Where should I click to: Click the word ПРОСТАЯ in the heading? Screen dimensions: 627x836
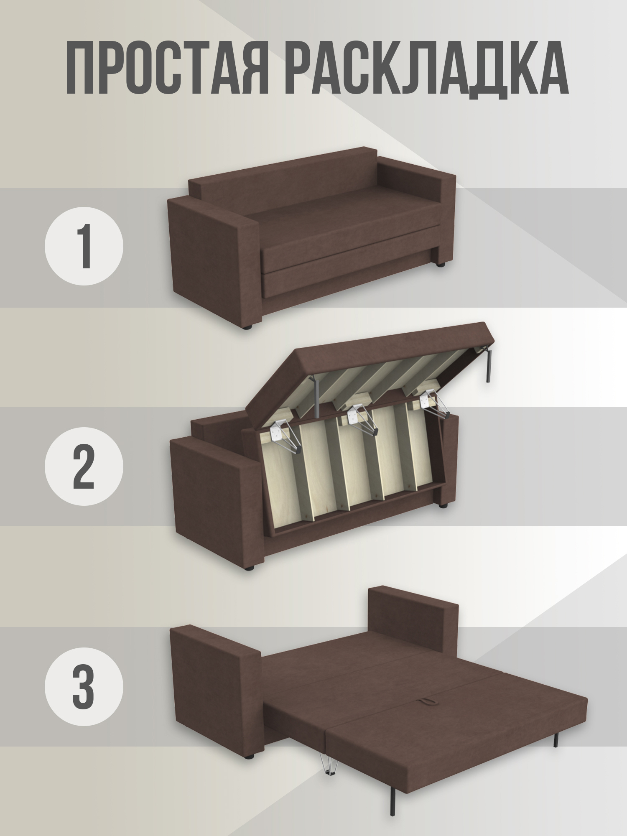(167, 68)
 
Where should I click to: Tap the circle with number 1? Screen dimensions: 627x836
(84, 246)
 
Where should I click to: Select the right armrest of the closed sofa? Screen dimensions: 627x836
(418, 209)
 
